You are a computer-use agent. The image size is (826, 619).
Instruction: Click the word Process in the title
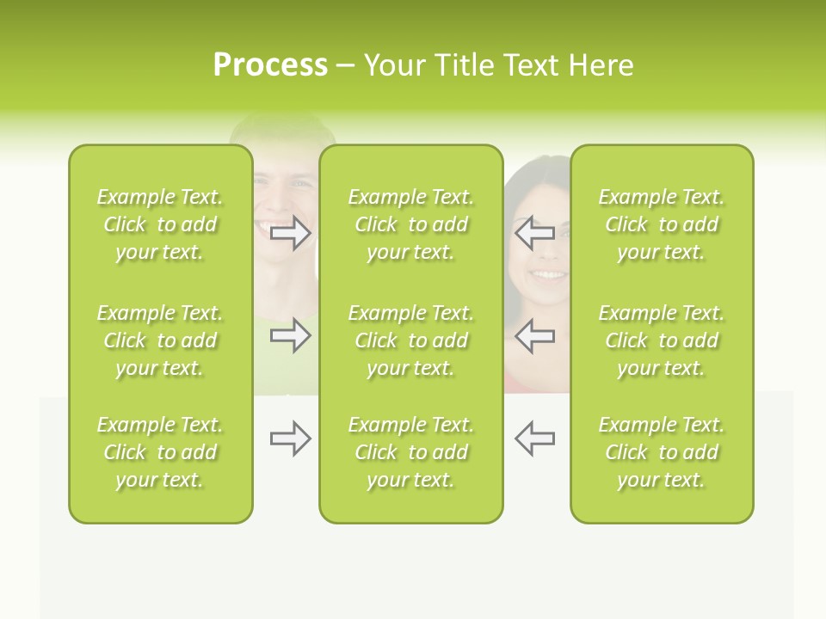pyautogui.click(x=270, y=65)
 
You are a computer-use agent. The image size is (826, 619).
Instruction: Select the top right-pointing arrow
pyautogui.click(x=291, y=233)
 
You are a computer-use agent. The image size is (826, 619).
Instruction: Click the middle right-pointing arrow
pyautogui.click(x=291, y=335)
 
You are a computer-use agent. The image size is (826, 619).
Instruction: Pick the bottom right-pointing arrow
pyautogui.click(x=291, y=439)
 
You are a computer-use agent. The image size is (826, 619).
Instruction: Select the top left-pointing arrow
pyautogui.click(x=534, y=233)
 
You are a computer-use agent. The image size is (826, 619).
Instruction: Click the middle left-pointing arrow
pyautogui.click(x=534, y=335)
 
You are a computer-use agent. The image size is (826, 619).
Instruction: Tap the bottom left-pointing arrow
pyautogui.click(x=534, y=438)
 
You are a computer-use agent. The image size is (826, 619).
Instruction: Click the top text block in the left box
pyautogui.click(x=160, y=224)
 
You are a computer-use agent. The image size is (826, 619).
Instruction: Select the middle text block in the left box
pyautogui.click(x=160, y=340)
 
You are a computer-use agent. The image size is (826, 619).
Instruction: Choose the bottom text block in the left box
pyautogui.click(x=160, y=452)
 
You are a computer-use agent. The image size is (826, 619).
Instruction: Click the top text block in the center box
pyautogui.click(x=410, y=224)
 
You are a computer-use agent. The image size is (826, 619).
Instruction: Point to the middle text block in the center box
pyautogui.click(x=410, y=340)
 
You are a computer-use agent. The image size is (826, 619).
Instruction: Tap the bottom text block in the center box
pyautogui.click(x=410, y=452)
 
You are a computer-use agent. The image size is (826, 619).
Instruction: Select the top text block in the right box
pyautogui.click(x=661, y=224)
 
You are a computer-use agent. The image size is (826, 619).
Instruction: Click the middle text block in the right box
pyautogui.click(x=661, y=340)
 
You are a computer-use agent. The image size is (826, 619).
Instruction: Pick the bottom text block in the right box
pyautogui.click(x=661, y=452)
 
